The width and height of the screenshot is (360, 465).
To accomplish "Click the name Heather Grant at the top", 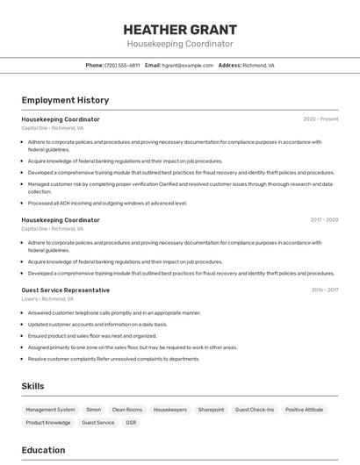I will click(180, 29).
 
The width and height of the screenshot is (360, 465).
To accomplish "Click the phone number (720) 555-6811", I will click(122, 65).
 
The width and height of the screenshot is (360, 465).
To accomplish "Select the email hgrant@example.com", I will click(188, 65).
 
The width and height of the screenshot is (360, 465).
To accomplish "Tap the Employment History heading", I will click(65, 100).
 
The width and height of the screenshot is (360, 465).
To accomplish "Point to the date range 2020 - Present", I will click(320, 119).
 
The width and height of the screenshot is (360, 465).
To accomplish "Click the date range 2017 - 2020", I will click(324, 220).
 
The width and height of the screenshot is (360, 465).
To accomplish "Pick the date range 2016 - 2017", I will click(325, 290).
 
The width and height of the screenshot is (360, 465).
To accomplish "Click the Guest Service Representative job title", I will click(66, 290).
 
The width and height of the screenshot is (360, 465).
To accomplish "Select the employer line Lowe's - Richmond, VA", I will click(47, 299).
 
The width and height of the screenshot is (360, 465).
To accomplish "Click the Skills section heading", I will click(32, 386).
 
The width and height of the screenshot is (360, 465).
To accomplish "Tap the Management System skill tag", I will click(50, 410).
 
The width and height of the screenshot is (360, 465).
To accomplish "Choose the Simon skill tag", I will click(93, 410).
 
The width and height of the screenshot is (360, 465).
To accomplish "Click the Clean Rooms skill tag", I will click(127, 410).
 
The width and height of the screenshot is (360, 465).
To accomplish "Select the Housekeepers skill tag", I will click(170, 410).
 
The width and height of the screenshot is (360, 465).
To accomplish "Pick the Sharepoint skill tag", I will click(211, 410).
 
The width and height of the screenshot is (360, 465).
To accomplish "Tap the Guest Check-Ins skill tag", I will click(255, 410).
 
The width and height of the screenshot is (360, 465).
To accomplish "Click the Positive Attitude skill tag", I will click(305, 410).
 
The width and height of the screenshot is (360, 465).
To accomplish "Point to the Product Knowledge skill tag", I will click(48, 423).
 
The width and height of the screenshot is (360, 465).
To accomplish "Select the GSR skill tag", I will click(131, 423).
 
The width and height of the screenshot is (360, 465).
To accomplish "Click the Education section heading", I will click(43, 450).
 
